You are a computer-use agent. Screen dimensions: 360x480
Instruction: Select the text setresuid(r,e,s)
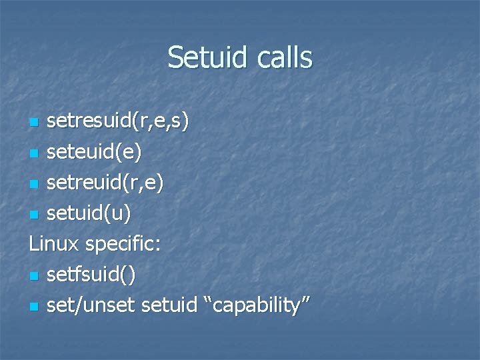[118, 121]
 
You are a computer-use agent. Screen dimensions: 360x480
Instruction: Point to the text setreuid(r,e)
[105, 183]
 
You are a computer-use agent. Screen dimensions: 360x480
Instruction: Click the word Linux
[54, 243]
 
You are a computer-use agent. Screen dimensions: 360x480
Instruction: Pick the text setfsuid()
[93, 275]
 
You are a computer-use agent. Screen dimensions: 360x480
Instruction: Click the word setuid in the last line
[173, 305]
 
